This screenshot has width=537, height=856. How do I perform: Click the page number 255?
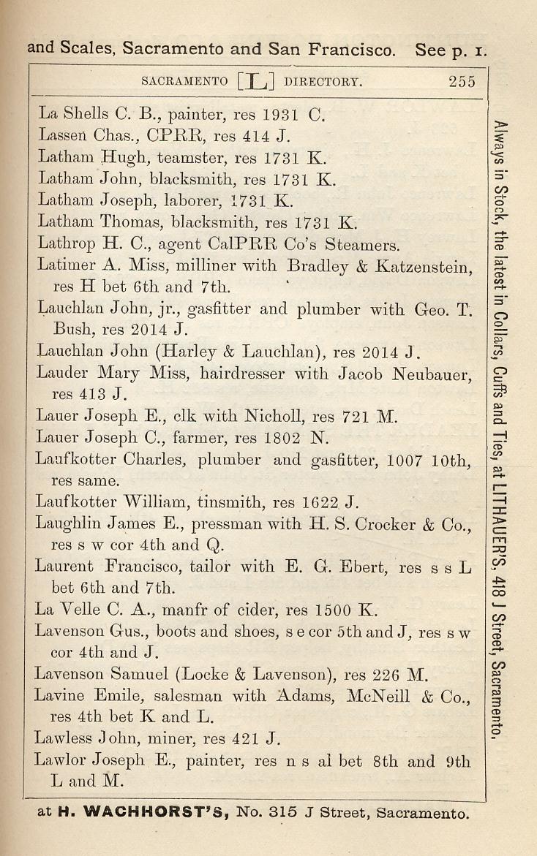click(462, 81)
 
